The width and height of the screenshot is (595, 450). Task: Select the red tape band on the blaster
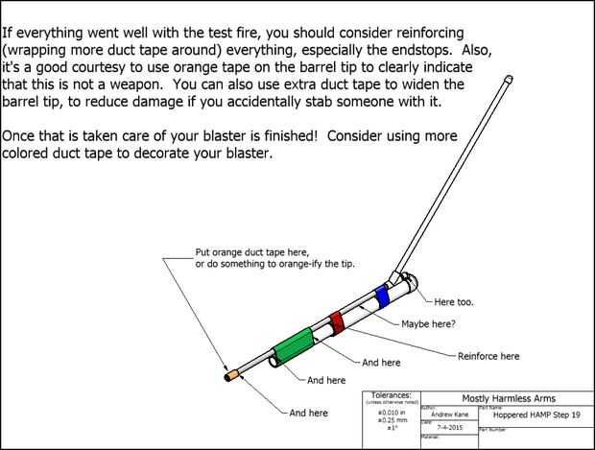[336, 323]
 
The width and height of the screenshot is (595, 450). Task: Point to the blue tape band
[383, 296]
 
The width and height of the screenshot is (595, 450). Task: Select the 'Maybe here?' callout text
[428, 323]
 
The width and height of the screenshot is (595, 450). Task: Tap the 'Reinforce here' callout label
[488, 356]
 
